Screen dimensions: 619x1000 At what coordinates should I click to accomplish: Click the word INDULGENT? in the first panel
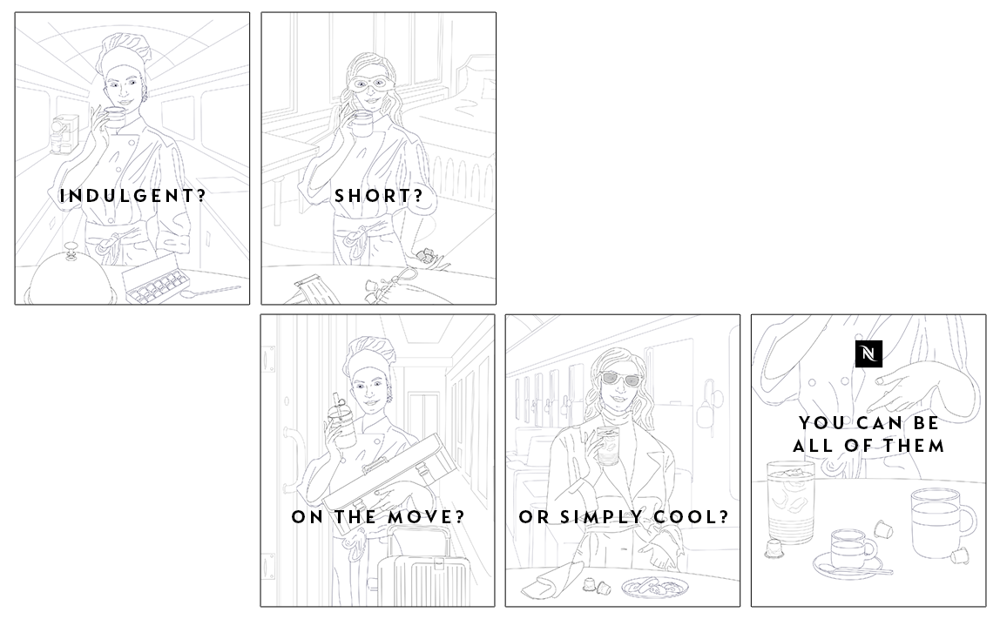(x=132, y=196)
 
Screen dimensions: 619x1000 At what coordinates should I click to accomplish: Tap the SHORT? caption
(x=379, y=196)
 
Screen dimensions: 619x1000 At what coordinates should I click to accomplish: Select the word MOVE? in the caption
(x=425, y=516)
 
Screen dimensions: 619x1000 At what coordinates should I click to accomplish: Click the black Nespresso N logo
(x=868, y=353)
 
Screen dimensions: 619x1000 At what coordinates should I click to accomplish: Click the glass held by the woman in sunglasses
(x=607, y=447)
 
